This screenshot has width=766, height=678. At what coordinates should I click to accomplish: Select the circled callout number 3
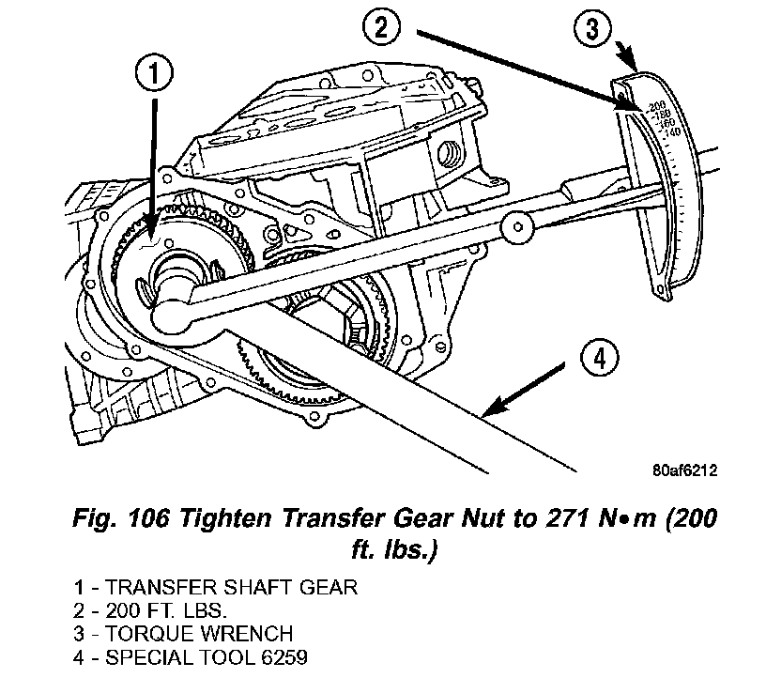(x=592, y=29)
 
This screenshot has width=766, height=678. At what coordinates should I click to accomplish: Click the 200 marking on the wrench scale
(x=656, y=103)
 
